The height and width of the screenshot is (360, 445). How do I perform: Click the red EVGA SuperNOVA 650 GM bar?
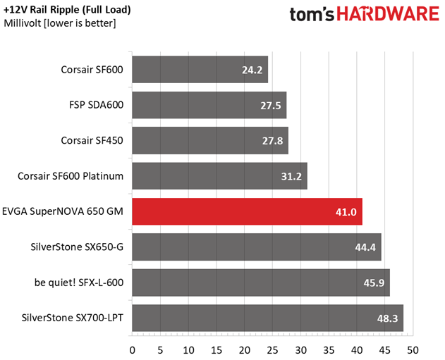[x=248, y=211]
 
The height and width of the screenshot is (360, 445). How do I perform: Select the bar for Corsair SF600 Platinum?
[x=219, y=176]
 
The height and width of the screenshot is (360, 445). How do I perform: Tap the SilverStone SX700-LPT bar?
[x=267, y=318]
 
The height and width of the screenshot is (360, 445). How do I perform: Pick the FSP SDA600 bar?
[x=209, y=105]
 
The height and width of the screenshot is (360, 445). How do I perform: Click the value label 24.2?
[x=252, y=70]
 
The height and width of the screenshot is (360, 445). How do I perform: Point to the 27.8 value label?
[x=272, y=141]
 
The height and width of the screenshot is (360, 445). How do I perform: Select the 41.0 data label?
[x=346, y=212]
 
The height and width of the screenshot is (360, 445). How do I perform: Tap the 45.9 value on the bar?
[x=374, y=283]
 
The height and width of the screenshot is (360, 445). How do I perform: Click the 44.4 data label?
[x=365, y=247]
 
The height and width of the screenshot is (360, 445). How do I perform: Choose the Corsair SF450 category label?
[x=92, y=141]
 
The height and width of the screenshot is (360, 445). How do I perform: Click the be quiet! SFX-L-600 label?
[x=79, y=283]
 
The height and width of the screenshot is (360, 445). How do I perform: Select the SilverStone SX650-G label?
[x=77, y=247]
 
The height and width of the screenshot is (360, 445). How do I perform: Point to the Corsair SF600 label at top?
[x=92, y=70]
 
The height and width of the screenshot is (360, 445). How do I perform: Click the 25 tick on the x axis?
[x=272, y=350]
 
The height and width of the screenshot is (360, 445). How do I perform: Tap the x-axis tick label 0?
[x=133, y=350]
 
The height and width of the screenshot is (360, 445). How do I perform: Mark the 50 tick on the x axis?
[x=413, y=350]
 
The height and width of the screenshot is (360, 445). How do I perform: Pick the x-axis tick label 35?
[x=329, y=350]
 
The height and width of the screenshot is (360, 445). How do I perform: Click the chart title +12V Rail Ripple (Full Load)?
[x=67, y=10]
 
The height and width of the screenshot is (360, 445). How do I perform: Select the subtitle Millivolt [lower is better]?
[x=60, y=23]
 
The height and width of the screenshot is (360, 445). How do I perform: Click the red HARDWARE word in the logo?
[x=388, y=14]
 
